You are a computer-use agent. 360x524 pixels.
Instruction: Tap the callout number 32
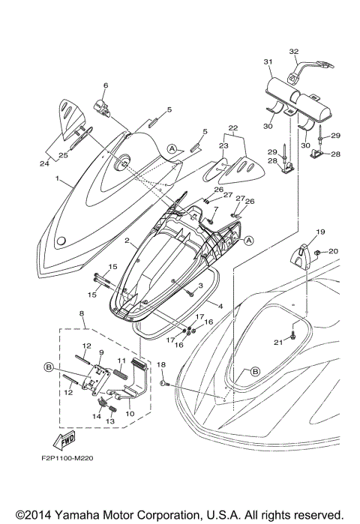(x=293, y=52)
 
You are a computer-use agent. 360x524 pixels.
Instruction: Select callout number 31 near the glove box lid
(x=267, y=61)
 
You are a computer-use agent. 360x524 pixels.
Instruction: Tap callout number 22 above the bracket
(x=232, y=127)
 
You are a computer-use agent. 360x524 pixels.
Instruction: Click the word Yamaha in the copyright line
(x=92, y=514)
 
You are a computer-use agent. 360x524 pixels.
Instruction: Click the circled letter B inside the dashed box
(x=49, y=367)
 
